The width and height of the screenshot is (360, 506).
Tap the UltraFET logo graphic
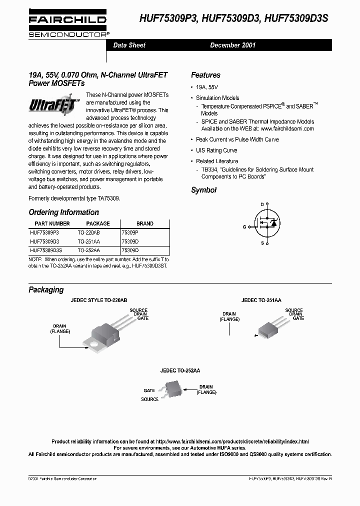point(55,105)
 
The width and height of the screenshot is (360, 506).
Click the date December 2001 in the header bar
point(232,45)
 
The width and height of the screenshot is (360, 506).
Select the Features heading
point(205,75)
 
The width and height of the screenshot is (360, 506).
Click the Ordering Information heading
point(63,212)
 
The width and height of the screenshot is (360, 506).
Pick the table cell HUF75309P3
point(44,232)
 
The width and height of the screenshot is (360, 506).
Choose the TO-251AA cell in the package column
point(89,241)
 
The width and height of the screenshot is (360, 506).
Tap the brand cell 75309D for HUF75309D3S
point(130,249)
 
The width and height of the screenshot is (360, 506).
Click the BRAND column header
point(145,223)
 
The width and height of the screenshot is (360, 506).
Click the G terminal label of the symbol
point(244,226)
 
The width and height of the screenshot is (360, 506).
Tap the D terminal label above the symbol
point(261,204)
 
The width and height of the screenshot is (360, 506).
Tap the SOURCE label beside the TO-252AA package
point(149,399)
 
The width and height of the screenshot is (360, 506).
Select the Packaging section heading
point(46,289)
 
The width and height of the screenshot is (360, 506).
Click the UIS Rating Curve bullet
point(216,150)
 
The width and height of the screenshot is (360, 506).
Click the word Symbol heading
point(203,190)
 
